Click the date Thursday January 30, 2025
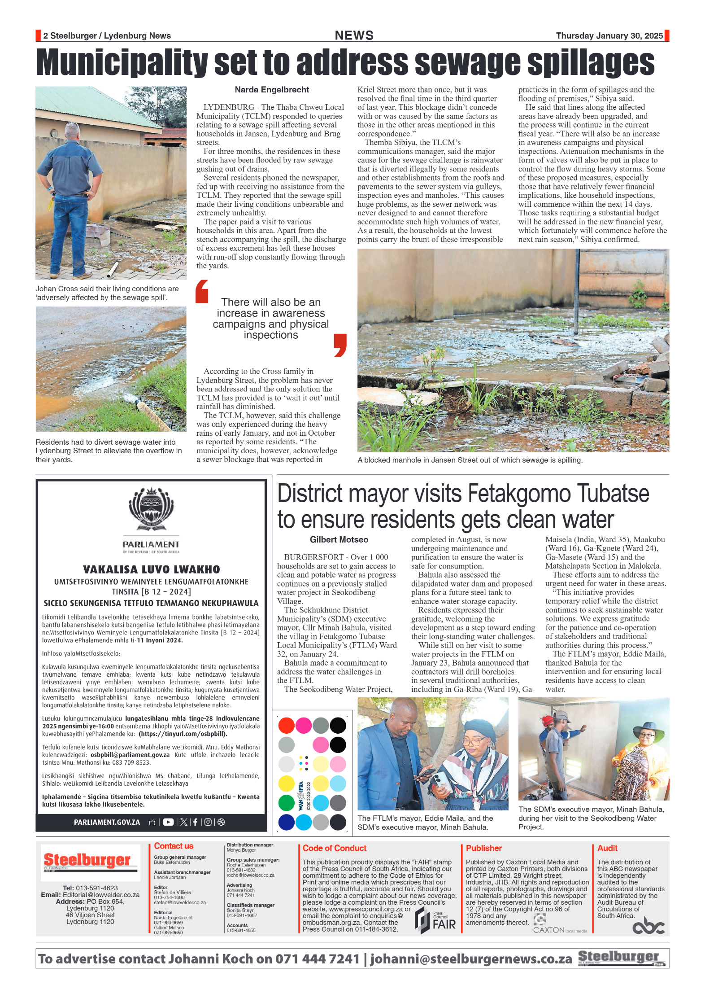609,36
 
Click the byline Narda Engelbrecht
272,90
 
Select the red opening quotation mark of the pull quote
202,291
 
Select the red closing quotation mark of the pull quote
340,345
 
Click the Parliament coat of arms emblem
151,510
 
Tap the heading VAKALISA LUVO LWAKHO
151,569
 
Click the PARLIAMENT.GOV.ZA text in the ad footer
107,823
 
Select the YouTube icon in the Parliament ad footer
168,822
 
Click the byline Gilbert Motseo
339,540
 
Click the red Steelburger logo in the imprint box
87,860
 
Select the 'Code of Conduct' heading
334,848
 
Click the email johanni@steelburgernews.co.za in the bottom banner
471,959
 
